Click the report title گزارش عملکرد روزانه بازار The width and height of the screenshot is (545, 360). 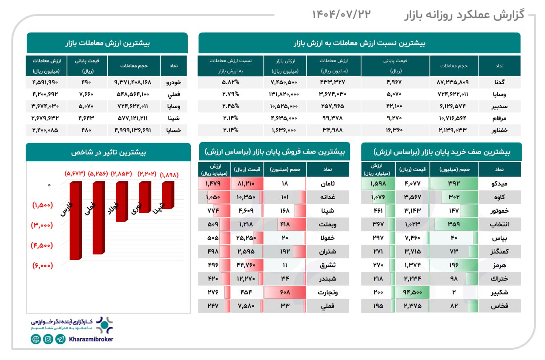tap(464, 15)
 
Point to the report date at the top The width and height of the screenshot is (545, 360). tap(341, 14)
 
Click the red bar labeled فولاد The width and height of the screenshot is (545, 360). tap(121, 201)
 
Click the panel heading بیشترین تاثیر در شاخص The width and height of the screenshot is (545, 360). tap(108, 152)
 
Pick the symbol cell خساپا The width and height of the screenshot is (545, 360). tap(174, 130)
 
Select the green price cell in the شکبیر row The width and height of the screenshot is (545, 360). tap(412, 292)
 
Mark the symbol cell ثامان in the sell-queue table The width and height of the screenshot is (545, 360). tap(327, 184)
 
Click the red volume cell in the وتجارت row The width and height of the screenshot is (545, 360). tap(284, 292)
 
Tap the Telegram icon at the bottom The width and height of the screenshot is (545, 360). tap(60, 339)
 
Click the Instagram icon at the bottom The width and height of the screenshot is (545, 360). tap(48, 339)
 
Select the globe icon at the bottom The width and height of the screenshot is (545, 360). tap(36, 339)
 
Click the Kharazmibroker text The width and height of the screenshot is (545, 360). tap(91, 339)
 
